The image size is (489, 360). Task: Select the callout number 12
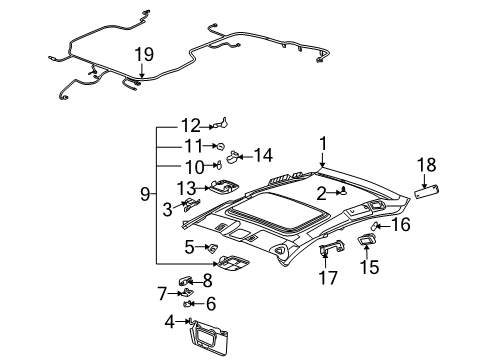tap(190, 126)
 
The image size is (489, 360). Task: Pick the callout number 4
tap(170, 321)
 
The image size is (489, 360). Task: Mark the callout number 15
tap(369, 268)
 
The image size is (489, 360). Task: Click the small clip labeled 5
tap(212, 247)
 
